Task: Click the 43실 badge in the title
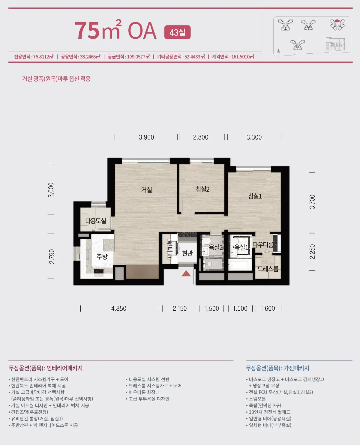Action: tap(177, 32)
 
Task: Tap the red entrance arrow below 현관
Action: tap(186, 273)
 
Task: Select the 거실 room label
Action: tap(146, 190)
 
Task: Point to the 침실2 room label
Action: tap(202, 189)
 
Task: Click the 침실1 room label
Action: tap(255, 196)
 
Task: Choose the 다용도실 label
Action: tap(96, 221)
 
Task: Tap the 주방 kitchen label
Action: tap(102, 256)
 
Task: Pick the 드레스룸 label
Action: tap(268, 269)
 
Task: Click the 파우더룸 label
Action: tap(263, 245)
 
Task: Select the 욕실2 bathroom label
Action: tap(216, 247)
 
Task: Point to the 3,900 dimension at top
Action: tap(146, 137)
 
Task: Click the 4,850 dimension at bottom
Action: tap(118, 309)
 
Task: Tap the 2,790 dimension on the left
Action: tap(52, 257)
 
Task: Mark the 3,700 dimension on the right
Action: tap(312, 202)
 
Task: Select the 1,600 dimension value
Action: tap(268, 309)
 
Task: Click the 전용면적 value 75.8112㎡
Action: tap(43, 57)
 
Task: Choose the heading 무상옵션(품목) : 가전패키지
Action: tap(277, 368)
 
